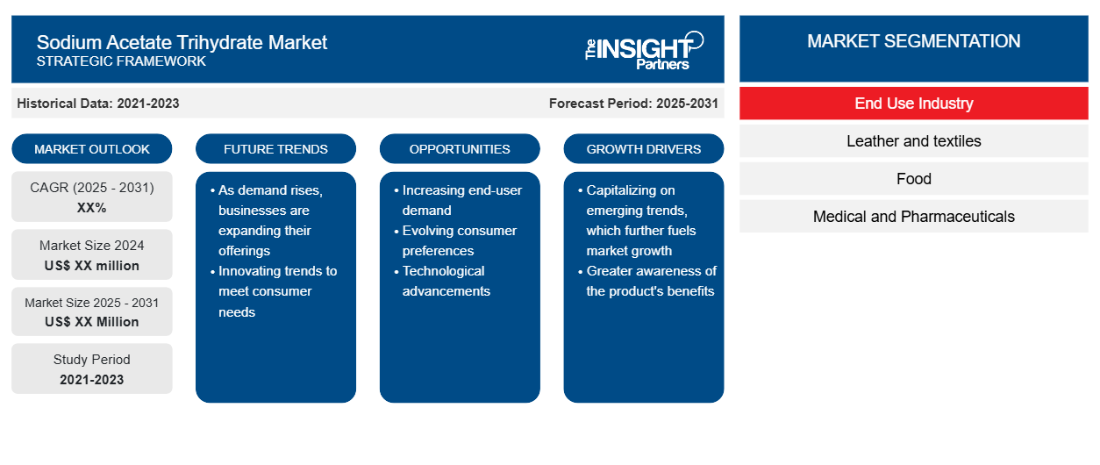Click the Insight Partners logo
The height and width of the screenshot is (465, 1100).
point(644,51)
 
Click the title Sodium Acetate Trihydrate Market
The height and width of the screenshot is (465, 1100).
point(182,43)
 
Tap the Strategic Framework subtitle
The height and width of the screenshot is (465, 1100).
point(121,61)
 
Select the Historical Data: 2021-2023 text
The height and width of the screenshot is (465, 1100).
point(98,104)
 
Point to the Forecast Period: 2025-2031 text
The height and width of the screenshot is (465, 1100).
point(633,104)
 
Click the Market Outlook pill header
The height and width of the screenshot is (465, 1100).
point(92,149)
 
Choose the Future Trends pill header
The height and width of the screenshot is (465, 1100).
point(275,149)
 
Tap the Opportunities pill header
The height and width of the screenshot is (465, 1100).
point(460,149)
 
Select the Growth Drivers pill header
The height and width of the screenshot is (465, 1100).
point(643,149)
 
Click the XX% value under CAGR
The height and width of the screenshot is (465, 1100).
point(92,208)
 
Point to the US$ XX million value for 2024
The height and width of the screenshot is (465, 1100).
point(92,266)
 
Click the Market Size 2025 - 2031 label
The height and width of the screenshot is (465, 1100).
point(92,303)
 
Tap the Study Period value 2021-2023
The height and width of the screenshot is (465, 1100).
point(92,380)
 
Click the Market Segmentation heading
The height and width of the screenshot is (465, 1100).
point(913,41)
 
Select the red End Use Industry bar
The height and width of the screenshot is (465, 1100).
point(914,104)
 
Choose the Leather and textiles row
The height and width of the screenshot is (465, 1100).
point(914,141)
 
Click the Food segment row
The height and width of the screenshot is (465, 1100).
point(914,179)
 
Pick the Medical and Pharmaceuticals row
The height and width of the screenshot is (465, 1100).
point(914,217)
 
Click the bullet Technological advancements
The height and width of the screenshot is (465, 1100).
point(446,281)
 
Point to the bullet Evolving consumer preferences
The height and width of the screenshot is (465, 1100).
point(459,240)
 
